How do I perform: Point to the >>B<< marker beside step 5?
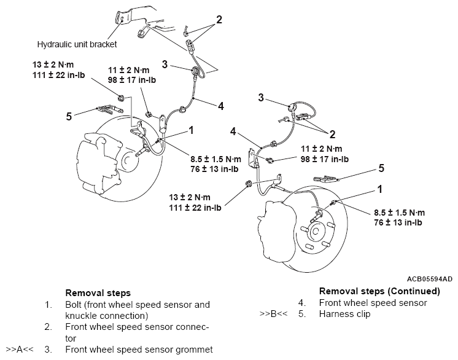(274, 314)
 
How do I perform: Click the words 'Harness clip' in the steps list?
(344, 314)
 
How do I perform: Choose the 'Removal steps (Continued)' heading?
(379, 291)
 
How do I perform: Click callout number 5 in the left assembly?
(69, 114)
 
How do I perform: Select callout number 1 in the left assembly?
(192, 130)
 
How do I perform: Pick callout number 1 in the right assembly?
(381, 190)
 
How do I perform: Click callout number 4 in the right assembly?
(233, 131)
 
